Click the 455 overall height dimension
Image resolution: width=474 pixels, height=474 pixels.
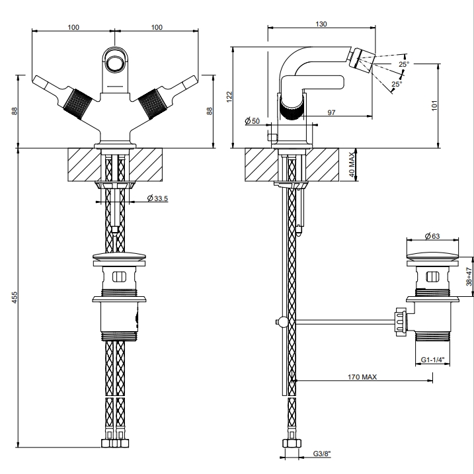pos(15,297)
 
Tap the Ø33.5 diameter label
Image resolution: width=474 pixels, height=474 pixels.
pos(157,198)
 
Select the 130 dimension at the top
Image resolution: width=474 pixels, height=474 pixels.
pos(321,24)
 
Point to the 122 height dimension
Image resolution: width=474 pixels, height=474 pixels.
pos(229,97)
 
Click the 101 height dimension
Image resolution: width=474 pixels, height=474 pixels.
pos(434,106)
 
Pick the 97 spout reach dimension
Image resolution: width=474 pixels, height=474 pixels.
pos(331,112)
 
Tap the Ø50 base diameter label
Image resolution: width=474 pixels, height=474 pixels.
pos(252,121)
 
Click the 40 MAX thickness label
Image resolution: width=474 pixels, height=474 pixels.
pos(352,165)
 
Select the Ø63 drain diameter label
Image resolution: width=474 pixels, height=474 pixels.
pos(432,236)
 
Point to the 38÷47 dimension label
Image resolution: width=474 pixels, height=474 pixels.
pos(469,276)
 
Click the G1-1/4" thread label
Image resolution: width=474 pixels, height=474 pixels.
pos(433,360)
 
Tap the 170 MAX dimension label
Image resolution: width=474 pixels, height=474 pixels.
pos(362,377)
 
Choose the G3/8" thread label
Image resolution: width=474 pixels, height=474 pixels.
pos(322,454)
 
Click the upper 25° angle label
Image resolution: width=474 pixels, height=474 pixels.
pos(404,64)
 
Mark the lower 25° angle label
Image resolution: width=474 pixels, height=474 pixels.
pos(397,84)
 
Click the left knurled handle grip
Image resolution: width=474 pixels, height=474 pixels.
pos(77,104)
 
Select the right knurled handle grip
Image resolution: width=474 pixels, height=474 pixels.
pos(153,104)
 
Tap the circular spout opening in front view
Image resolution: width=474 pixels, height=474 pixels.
pos(114,63)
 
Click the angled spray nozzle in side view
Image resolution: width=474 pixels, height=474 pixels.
pos(361,59)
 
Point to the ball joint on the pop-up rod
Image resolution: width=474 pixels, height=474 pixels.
pos(283,322)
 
